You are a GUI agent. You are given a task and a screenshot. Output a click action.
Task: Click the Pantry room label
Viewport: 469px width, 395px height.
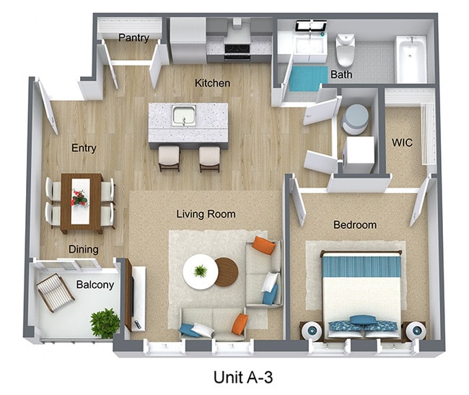(x=133, y=38)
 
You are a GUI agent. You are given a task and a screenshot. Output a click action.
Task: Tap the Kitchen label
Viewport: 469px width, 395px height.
(x=212, y=83)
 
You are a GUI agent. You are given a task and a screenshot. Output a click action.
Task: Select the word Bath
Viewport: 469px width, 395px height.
(x=341, y=74)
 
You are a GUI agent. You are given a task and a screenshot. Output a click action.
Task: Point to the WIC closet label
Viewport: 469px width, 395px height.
(x=402, y=142)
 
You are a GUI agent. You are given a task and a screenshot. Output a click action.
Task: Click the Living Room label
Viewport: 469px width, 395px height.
(x=206, y=214)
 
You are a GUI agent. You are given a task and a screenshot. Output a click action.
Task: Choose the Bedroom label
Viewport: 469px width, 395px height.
(x=354, y=225)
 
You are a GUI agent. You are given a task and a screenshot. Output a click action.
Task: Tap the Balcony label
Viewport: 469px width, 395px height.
(x=95, y=285)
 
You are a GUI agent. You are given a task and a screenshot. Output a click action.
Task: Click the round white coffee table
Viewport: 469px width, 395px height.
(x=199, y=272)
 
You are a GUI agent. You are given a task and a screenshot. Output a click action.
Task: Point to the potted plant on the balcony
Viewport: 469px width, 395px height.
(x=105, y=322)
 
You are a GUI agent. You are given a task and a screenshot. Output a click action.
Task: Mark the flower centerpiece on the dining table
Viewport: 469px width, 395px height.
(x=79, y=196)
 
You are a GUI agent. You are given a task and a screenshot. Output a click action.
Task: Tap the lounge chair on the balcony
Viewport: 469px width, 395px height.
(x=52, y=290)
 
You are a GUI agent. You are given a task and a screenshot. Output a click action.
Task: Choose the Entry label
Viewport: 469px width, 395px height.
(x=84, y=148)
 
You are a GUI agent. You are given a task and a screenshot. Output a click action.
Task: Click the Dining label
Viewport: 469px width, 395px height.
(x=84, y=249)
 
